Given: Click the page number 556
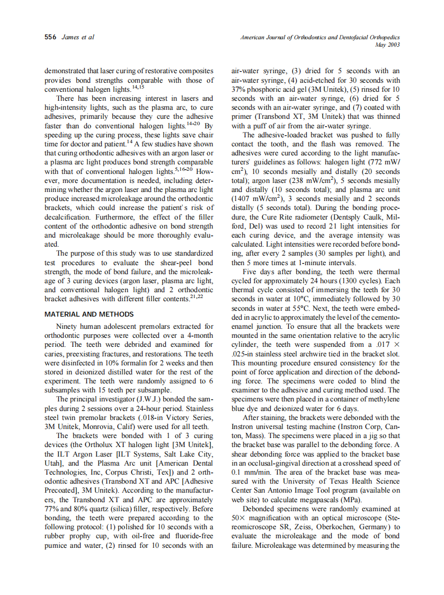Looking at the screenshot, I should point(50,37).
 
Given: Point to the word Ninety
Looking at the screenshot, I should point(67,326).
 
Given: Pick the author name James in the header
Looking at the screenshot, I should point(70,37).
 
